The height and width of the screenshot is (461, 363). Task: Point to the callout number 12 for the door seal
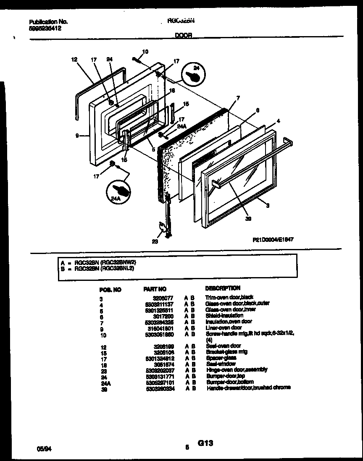74,60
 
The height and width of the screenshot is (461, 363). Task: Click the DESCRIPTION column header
222,288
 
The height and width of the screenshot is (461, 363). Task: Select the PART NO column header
155,289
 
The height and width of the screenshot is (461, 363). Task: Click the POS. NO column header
110,290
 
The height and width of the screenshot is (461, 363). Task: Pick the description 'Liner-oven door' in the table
223,327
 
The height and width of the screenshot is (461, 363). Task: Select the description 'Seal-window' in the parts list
220,364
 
